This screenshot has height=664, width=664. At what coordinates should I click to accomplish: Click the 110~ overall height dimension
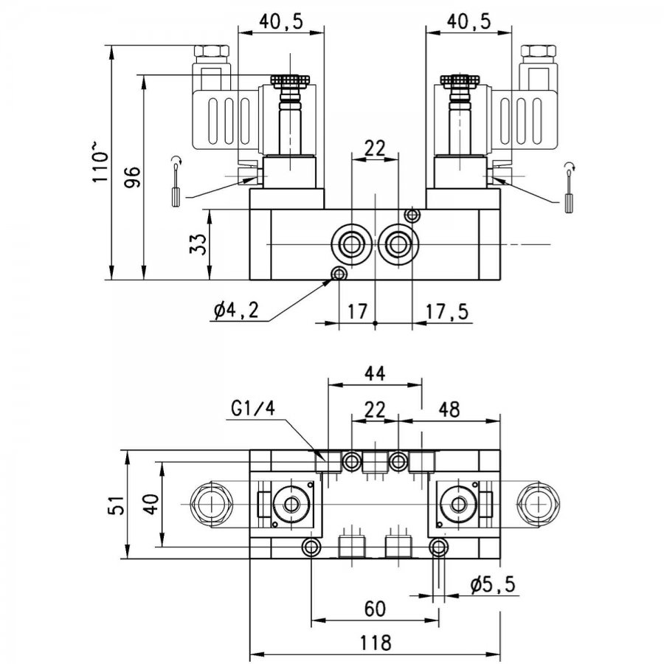tap(100, 162)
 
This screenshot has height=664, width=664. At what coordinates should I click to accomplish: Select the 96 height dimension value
tap(132, 177)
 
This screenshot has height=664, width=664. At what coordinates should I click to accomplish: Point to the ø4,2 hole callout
tap(236, 311)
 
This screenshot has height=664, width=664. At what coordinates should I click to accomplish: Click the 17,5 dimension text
tap(447, 311)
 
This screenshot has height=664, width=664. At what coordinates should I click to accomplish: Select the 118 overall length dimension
tap(375, 643)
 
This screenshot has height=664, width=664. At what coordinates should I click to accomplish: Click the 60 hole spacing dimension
tap(375, 609)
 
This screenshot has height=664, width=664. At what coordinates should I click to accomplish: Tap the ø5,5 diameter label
tap(493, 585)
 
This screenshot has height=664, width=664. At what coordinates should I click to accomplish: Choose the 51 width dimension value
tap(116, 505)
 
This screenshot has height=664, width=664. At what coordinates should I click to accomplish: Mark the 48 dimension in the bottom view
tap(449, 409)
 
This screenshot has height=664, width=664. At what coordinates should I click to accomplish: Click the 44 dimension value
tap(376, 373)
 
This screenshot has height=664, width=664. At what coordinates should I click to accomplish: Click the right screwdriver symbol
tap(569, 187)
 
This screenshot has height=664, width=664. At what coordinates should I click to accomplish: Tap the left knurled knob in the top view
tap(290, 80)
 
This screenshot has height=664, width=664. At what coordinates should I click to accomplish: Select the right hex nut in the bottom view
tap(539, 505)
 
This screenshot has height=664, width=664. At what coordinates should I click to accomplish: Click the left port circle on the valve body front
tap(350, 244)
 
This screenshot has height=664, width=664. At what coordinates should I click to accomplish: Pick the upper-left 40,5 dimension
tap(281, 21)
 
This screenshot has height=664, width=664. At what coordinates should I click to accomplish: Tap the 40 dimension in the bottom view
tap(151, 504)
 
